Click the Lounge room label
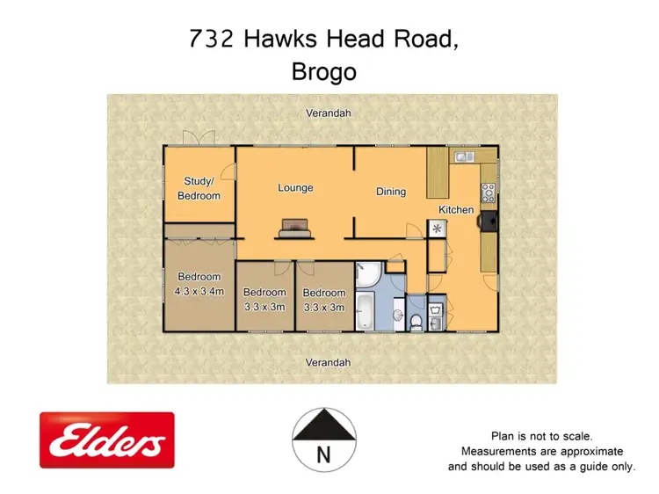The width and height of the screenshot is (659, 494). click(295, 188)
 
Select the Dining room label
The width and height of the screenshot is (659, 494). click(391, 192)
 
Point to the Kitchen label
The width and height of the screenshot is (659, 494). click(457, 210)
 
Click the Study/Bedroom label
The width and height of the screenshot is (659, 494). click(199, 189)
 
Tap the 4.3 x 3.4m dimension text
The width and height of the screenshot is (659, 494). click(199, 291)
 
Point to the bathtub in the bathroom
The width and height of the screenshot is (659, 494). click(365, 311)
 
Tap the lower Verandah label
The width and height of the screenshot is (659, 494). click(328, 362)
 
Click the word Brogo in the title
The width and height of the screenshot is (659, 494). click(323, 72)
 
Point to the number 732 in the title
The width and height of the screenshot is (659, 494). click(210, 40)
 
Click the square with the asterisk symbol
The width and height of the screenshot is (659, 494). click(437, 228)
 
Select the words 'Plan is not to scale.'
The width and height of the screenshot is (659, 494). click(541, 436)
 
